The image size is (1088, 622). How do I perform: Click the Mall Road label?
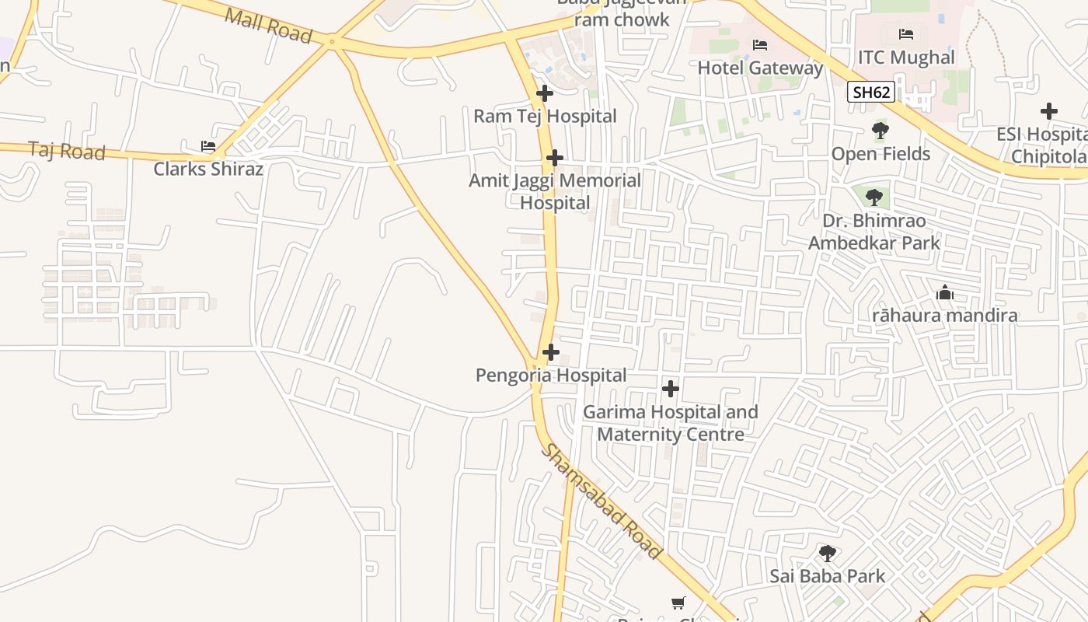268,26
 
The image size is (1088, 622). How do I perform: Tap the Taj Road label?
67,150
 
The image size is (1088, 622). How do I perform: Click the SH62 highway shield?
870,93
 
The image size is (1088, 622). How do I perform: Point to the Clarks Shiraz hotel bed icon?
207,145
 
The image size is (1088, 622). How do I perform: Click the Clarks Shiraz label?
208,169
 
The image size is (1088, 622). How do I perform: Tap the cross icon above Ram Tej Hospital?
545,93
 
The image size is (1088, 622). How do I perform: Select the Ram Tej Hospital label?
545,117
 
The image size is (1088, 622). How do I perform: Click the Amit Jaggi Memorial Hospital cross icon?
554,158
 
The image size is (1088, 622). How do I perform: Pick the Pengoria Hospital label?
551,376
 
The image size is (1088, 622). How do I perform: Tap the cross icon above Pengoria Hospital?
550,352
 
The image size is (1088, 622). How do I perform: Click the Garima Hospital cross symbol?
670,388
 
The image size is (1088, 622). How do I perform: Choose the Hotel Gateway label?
760,68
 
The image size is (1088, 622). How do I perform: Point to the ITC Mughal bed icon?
905,33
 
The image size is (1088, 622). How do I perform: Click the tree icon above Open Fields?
880,130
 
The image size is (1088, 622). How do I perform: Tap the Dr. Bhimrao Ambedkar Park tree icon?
874,197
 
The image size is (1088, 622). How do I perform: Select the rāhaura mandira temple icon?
944,292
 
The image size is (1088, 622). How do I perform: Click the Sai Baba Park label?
827,576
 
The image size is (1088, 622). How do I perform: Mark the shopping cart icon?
678,603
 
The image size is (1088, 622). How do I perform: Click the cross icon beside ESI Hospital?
1048,111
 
